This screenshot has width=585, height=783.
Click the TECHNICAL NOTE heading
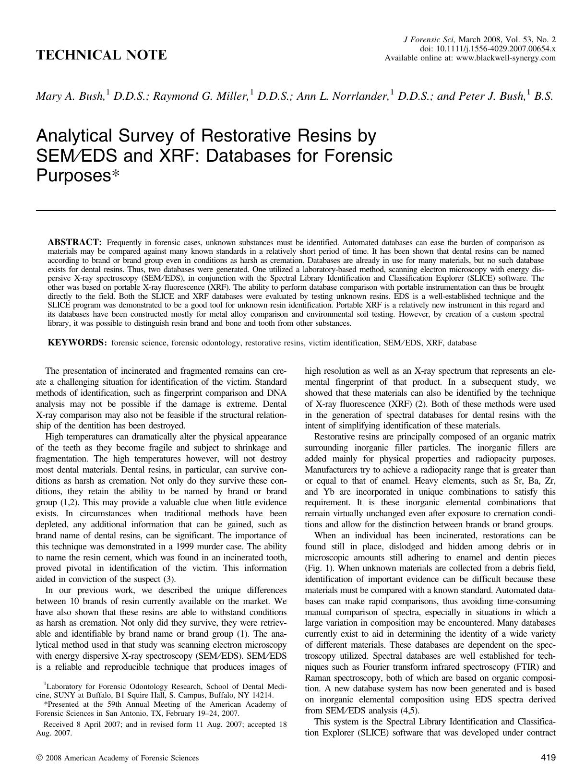point(101,55)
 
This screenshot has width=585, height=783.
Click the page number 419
point(548,758)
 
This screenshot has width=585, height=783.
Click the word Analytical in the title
point(77,136)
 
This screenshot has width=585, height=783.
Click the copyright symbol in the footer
point(39,758)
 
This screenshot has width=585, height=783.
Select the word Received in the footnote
point(60,724)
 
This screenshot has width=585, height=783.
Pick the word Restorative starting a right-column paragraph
point(337,437)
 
